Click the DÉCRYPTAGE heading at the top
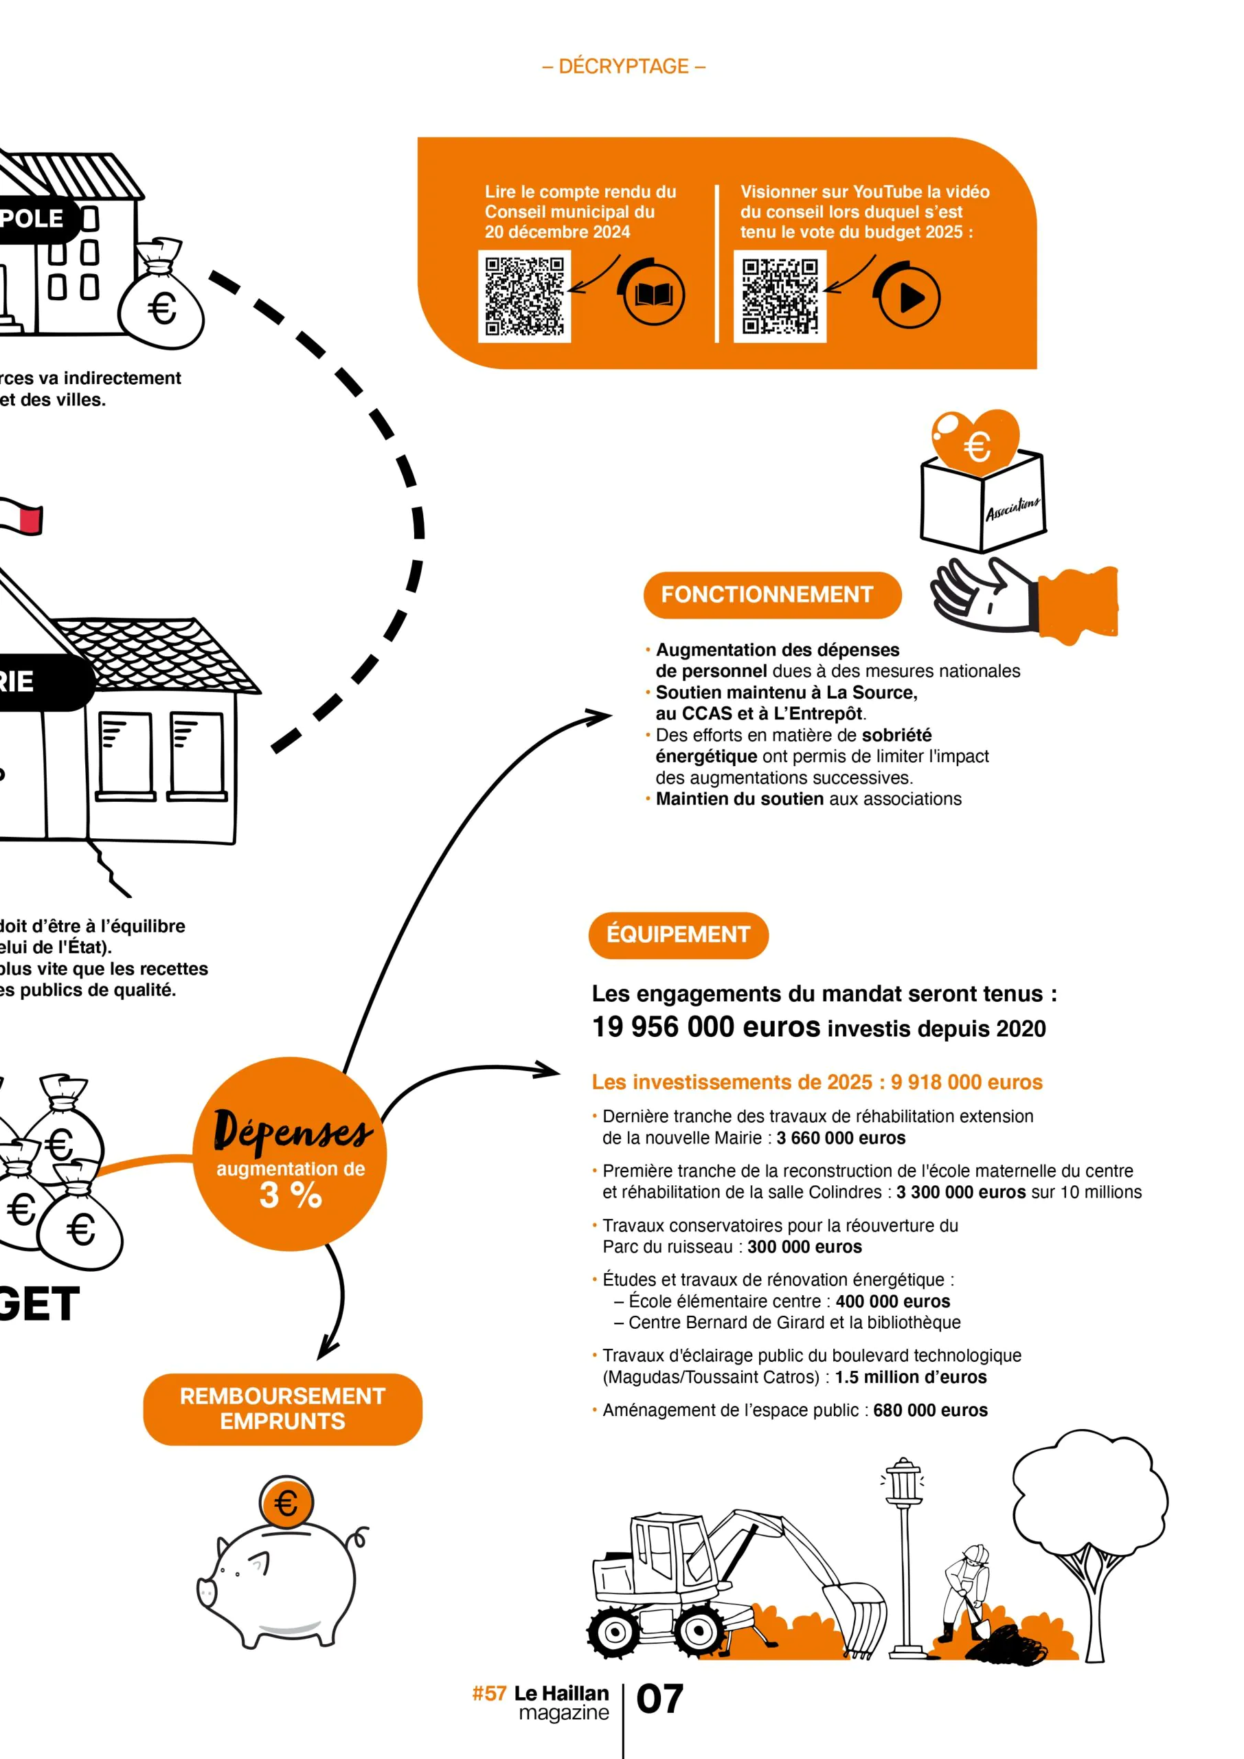(624, 67)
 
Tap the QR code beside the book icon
(525, 295)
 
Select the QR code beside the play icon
(780, 296)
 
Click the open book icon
(653, 295)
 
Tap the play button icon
(909, 298)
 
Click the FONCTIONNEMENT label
(771, 594)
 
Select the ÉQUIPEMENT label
(678, 934)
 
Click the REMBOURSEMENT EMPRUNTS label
(282, 1408)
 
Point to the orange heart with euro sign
(975, 441)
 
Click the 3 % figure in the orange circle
(291, 1194)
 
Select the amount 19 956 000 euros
(705, 1027)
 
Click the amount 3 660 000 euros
(840, 1138)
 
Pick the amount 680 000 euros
(930, 1411)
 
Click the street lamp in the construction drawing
(904, 1555)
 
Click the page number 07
(659, 1699)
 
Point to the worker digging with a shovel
(966, 1590)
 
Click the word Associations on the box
(1012, 508)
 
